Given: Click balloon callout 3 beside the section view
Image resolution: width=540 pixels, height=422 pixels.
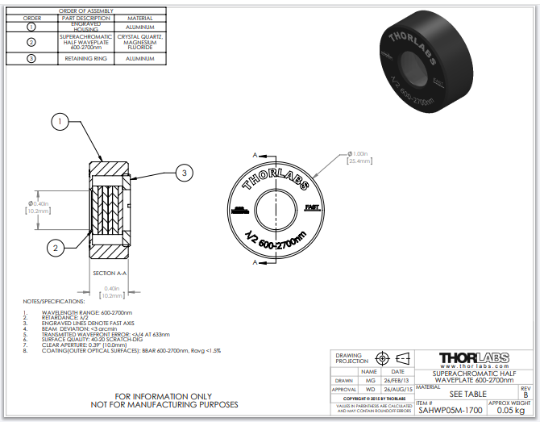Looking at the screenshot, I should point(184,172).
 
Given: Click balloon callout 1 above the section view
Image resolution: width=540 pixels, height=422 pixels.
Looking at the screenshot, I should point(60,122).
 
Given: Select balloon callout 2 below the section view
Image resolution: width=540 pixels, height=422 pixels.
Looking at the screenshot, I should point(55,247).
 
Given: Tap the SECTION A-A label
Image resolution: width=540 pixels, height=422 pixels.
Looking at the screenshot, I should point(110,273).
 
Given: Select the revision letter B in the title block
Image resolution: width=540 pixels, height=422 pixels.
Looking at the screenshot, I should point(526,395).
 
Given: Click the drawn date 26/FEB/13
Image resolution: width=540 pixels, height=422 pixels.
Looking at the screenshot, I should point(397,380).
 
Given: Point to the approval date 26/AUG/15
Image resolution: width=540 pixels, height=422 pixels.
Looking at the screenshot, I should point(397,389).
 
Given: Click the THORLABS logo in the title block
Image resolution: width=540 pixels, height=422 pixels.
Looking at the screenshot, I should point(475,358).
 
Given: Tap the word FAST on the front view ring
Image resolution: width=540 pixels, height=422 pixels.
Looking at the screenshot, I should point(313,207).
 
